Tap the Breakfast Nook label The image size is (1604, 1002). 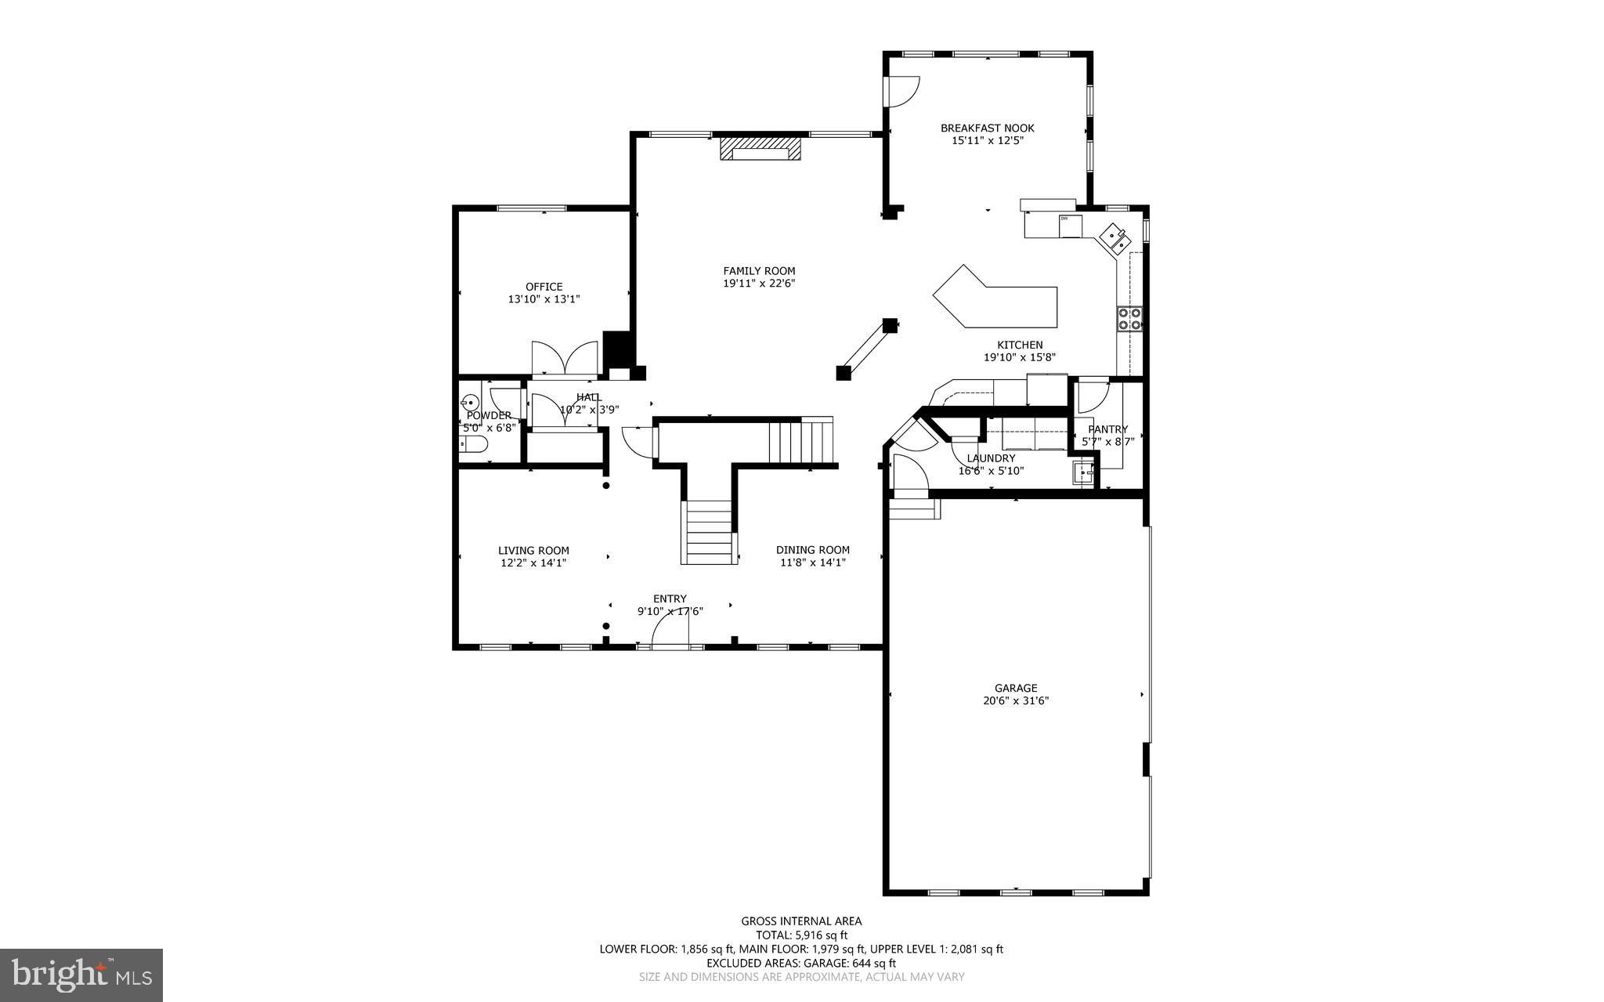(x=987, y=128)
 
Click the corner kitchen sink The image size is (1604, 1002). (x=1115, y=237)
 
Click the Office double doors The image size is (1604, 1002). (x=565, y=359)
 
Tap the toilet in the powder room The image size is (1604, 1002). (x=473, y=446)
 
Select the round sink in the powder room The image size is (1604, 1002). (x=470, y=401)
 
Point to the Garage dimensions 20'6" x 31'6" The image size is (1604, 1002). (x=1016, y=701)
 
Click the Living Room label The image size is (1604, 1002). (x=533, y=551)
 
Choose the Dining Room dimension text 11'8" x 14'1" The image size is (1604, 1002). (x=812, y=562)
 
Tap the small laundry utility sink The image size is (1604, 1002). (x=1084, y=473)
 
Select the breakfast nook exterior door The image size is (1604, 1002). (x=901, y=91)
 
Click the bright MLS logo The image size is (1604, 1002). (x=81, y=975)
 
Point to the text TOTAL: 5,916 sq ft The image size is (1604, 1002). (x=801, y=935)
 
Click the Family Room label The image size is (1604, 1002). (x=759, y=271)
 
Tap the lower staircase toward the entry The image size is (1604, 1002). (x=710, y=533)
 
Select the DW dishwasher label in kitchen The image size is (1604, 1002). (x=1064, y=219)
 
